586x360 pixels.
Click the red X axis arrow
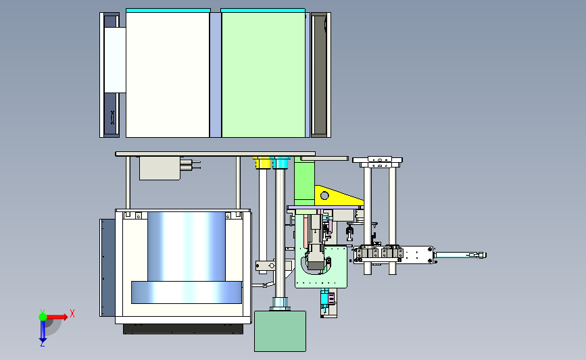click(57, 317)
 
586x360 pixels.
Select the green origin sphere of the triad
click(43, 317)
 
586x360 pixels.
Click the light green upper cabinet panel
click(264, 75)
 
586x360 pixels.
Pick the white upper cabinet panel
click(168, 75)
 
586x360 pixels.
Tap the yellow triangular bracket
click(337, 196)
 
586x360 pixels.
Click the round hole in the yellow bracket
click(324, 195)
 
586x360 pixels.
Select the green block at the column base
click(280, 331)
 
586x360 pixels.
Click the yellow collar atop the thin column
click(263, 163)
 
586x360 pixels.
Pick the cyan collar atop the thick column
click(281, 163)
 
